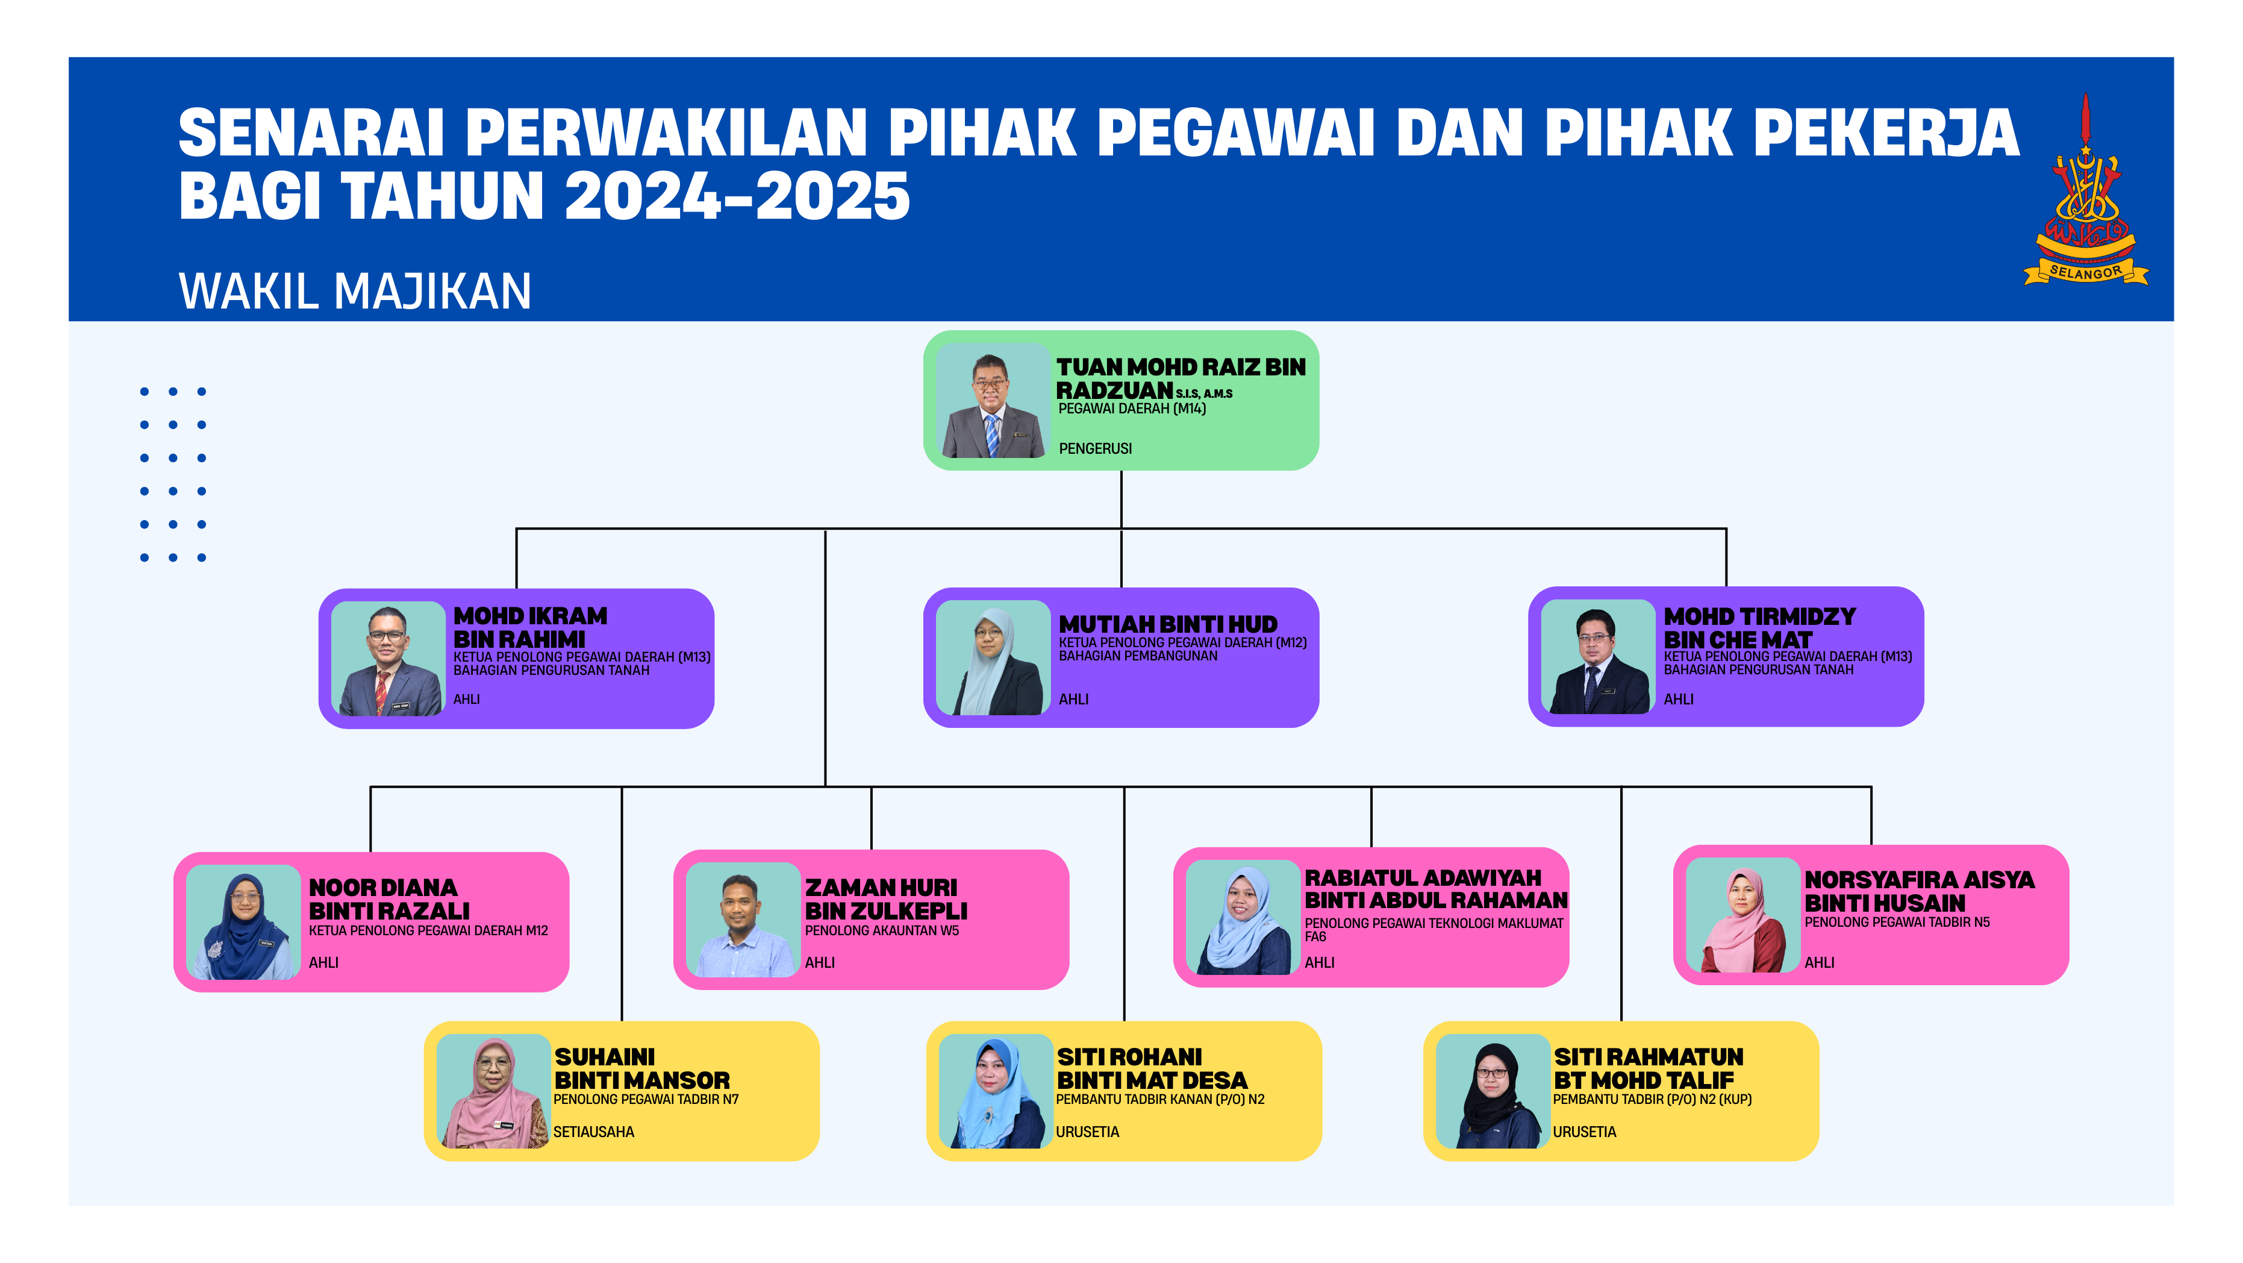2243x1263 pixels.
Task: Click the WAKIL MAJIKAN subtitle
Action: point(354,291)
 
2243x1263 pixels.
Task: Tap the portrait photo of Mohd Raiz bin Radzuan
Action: point(993,401)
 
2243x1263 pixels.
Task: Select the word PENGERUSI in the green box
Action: point(1096,448)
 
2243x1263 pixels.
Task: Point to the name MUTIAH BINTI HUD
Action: point(1168,624)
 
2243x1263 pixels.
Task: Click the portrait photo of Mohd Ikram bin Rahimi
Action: point(388,659)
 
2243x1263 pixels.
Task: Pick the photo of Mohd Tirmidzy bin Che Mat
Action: point(1599,657)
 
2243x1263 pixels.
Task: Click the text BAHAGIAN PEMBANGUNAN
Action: point(1138,656)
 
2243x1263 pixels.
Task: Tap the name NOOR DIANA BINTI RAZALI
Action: point(389,899)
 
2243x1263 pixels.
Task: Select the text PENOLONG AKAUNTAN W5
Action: point(882,931)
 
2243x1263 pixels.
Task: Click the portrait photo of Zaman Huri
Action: point(743,919)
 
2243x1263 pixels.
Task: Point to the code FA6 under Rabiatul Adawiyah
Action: point(1315,937)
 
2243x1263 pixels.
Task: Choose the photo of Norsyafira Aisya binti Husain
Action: point(1743,915)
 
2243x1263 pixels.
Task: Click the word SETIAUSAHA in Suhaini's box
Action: point(594,1132)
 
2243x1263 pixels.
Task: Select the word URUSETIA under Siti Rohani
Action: point(1088,1132)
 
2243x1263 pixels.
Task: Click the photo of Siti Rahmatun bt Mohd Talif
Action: point(1493,1091)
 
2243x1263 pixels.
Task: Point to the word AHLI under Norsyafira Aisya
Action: point(1819,962)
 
